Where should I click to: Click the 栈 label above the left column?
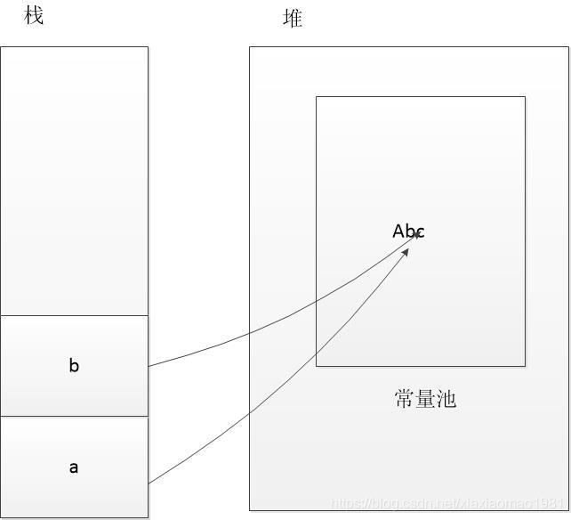(34, 15)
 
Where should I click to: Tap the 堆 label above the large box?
(293, 18)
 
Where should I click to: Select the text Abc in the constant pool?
(408, 232)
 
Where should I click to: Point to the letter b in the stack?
(74, 365)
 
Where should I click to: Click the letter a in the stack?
(74, 467)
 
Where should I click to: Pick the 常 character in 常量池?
(405, 399)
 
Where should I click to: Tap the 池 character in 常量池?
(446, 399)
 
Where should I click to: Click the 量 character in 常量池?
(425, 399)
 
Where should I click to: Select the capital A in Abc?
(398, 232)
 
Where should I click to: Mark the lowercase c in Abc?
(420, 232)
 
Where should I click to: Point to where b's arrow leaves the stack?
(149, 366)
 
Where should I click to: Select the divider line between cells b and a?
(74, 416)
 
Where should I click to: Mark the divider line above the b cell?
(74, 315)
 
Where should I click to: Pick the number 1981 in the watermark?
(551, 504)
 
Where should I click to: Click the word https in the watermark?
(347, 504)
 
